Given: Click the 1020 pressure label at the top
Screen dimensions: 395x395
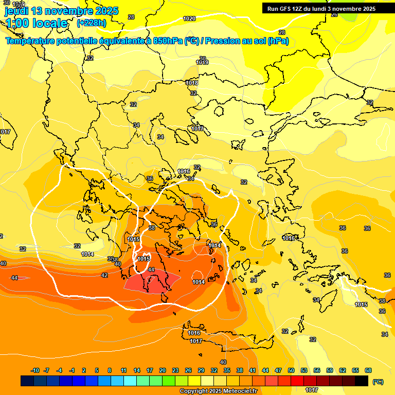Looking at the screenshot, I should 189,19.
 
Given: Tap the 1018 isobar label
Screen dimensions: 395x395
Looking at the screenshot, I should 192,83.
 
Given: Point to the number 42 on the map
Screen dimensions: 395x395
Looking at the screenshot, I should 104,275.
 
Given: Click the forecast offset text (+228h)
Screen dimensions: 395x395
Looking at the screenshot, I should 91,23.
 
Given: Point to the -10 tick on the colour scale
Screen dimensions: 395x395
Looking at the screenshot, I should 34,370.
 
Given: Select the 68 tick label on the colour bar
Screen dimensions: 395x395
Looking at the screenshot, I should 368,370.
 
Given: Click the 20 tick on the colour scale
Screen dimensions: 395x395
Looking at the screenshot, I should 162,370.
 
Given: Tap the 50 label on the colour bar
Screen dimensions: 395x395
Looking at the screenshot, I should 291,370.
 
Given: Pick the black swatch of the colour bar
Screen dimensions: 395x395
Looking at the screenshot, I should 362,381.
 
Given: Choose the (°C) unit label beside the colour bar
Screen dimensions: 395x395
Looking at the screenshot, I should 378,381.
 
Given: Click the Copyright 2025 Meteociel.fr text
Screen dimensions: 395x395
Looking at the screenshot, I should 218,391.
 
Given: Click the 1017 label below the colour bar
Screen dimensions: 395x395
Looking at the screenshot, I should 311,390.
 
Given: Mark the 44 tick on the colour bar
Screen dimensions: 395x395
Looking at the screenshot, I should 265,370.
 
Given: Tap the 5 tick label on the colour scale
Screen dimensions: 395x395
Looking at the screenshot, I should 97,370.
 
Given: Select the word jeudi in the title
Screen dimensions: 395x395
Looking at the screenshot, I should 17,11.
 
